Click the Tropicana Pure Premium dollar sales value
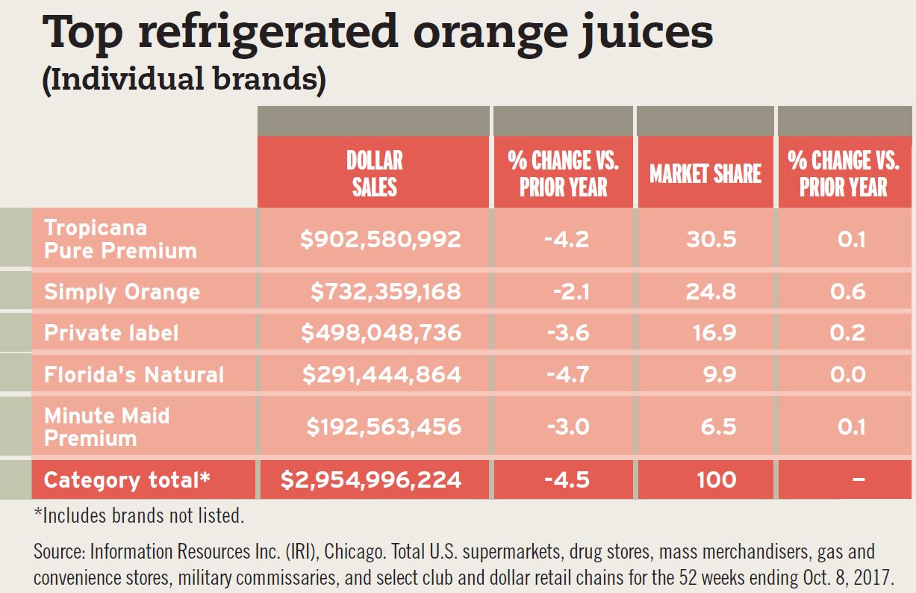tap(381, 239)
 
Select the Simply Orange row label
tap(122, 291)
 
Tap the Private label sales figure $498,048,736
tap(381, 332)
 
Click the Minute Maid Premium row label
tap(107, 426)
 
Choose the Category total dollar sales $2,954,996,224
tap(371, 479)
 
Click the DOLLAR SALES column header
tap(374, 173)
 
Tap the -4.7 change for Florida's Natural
tap(571, 373)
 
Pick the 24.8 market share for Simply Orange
tap(711, 291)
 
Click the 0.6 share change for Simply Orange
tap(848, 291)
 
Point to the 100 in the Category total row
tap(716, 479)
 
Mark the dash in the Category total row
tap(859, 479)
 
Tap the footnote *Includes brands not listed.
tap(139, 515)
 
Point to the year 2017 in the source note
tap(876, 578)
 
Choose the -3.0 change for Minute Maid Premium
tap(571, 426)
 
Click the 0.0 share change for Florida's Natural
tap(848, 373)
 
